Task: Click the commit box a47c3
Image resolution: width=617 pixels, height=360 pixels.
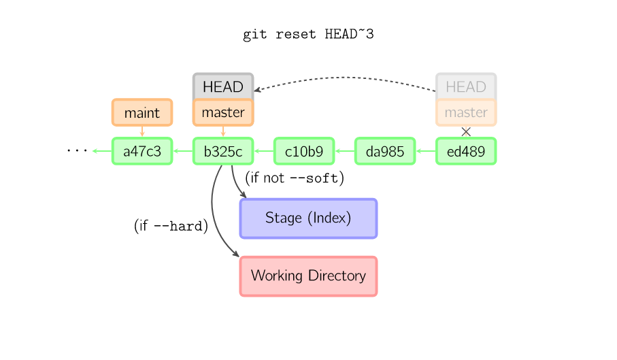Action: [x=142, y=151]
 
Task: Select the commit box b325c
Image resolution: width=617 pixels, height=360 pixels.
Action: [x=223, y=151]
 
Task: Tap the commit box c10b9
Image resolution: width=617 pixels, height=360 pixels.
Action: [x=304, y=151]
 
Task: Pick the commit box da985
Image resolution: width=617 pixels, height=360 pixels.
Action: [x=385, y=151]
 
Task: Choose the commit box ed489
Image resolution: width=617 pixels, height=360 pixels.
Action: [x=466, y=151]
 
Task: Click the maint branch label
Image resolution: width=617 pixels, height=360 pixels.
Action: [x=142, y=112]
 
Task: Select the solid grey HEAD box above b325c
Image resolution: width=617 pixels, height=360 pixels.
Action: [x=223, y=86]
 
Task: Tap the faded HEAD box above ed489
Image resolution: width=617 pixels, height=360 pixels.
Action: [x=466, y=86]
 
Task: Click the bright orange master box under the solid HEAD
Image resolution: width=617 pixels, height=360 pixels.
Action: [x=223, y=112]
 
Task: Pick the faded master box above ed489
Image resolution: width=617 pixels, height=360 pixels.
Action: [x=466, y=112]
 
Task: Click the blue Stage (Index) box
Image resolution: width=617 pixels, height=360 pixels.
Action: [x=308, y=218]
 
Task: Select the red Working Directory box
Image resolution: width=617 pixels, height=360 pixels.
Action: [x=308, y=276]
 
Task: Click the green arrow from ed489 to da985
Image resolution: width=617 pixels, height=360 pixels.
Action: [x=426, y=151]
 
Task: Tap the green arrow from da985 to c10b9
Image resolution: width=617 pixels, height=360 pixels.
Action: [x=345, y=151]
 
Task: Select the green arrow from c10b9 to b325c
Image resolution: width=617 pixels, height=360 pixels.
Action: [x=264, y=151]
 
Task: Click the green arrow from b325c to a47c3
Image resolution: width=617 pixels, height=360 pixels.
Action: [x=183, y=151]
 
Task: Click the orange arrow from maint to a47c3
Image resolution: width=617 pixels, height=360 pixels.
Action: [x=142, y=132]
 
